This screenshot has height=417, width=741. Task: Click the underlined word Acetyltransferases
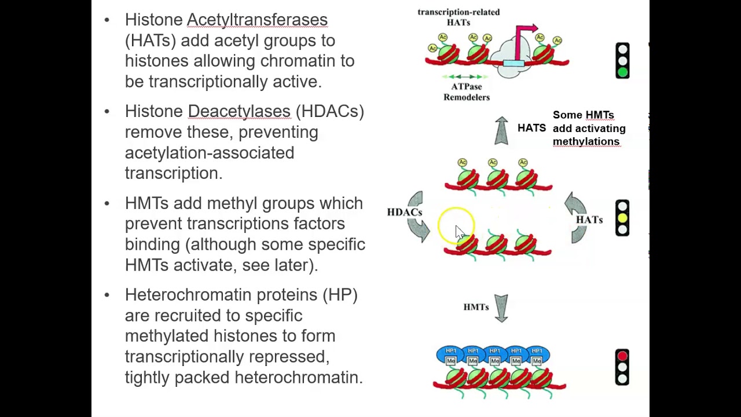[257, 20]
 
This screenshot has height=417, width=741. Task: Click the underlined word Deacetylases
[239, 111]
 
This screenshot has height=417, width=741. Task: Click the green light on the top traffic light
[622, 72]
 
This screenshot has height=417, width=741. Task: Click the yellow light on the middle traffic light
[622, 218]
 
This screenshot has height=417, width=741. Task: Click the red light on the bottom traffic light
[622, 356]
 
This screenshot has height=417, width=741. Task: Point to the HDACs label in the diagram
[404, 212]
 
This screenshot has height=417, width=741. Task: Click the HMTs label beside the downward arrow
[476, 307]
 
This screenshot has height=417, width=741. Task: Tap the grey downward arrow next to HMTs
[501, 308]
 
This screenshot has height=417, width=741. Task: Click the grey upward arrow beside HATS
[501, 131]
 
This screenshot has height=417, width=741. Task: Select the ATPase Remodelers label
[467, 92]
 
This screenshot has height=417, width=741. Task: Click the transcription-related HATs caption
[458, 17]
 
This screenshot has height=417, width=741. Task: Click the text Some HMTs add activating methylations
[589, 128]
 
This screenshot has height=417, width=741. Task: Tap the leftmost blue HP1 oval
[451, 352]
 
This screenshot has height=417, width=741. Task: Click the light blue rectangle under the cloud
[513, 63]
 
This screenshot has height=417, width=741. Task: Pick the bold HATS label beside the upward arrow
[531, 128]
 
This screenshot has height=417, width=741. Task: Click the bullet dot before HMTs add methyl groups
[107, 203]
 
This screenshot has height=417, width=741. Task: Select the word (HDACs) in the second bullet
[329, 111]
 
